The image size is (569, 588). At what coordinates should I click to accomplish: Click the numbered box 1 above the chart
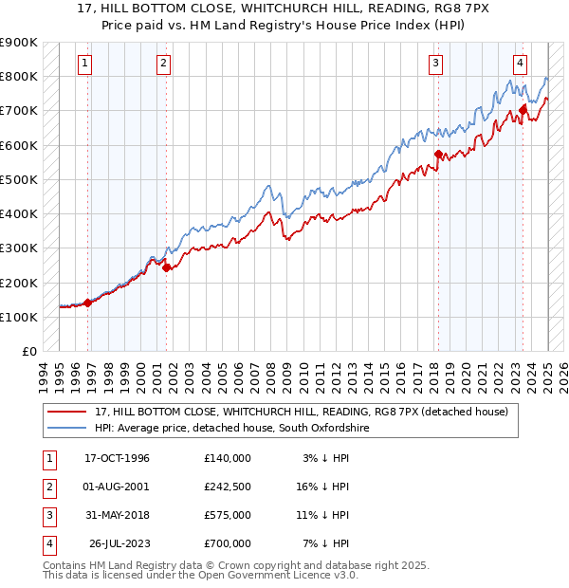tap(85, 64)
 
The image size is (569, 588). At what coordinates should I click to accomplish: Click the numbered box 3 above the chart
tap(435, 64)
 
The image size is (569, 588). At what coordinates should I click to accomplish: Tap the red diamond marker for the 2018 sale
tap(438, 154)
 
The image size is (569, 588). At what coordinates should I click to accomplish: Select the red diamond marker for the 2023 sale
tap(523, 111)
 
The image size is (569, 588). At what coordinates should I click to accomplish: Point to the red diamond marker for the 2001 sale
tap(166, 267)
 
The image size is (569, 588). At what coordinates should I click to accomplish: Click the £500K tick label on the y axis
tap(19, 179)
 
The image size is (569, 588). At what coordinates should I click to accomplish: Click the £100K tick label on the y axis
tap(19, 317)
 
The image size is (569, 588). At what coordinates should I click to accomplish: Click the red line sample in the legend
tap(66, 412)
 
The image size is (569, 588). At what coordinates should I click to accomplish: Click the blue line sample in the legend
tap(66, 429)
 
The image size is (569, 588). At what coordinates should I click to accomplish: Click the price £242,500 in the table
tap(227, 487)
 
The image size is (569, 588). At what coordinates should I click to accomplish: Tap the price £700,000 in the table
tap(227, 543)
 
